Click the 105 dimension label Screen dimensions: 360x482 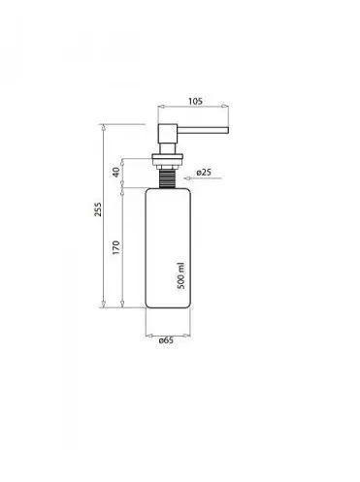pos(195,101)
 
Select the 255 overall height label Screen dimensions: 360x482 pos(98,209)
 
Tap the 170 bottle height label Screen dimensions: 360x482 pos(116,247)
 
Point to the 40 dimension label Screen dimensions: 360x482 pos(116,172)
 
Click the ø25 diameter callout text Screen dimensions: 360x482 pos(204,173)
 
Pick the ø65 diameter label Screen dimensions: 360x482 pos(166,340)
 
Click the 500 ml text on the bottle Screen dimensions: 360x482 pos(181,275)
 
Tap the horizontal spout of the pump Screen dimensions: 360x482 pos(203,130)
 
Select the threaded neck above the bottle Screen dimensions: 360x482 pos(168,178)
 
